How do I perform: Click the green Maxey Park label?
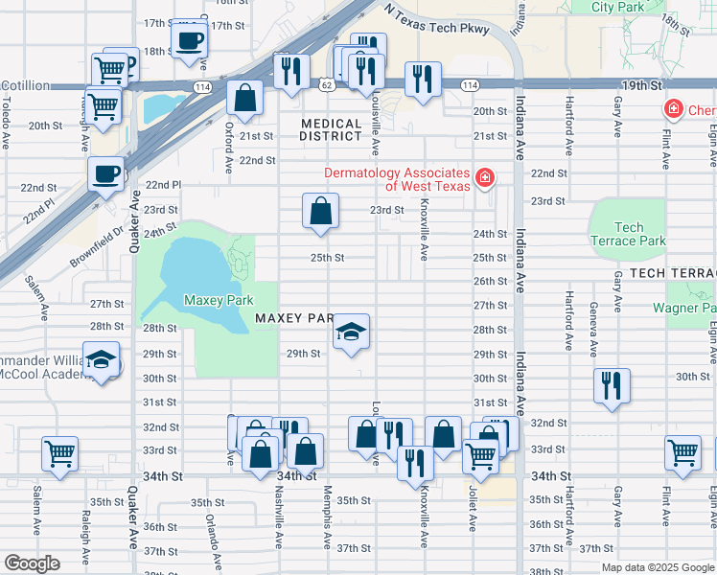tap(219, 300)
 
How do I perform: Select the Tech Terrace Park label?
tap(629, 234)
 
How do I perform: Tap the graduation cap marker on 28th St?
tap(352, 333)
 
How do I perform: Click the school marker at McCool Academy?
tap(102, 360)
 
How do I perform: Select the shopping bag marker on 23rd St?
tap(320, 212)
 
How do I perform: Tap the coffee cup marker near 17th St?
tap(190, 41)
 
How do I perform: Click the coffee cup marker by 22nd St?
tap(106, 174)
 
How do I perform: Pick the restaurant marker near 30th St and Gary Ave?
tap(612, 386)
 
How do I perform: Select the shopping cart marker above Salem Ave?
tap(59, 454)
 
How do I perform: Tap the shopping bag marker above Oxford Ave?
tap(245, 99)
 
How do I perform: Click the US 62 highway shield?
tap(327, 86)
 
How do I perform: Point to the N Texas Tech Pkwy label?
tap(436, 21)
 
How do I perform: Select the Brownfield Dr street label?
tap(96, 245)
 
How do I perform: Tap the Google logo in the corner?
tap(32, 563)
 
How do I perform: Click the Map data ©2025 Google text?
tap(657, 567)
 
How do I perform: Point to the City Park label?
tap(616, 7)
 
